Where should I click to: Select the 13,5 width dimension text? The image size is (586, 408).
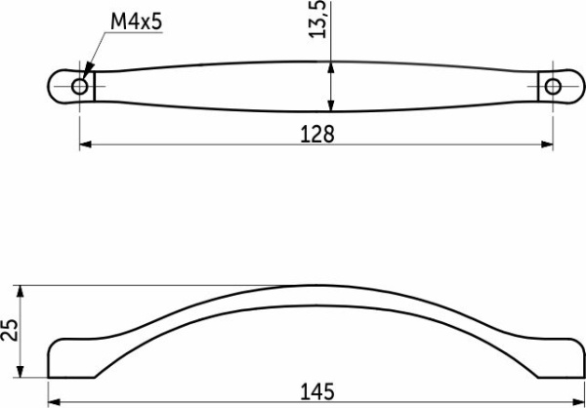coord(315,20)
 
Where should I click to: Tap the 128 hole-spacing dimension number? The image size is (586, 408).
coord(316,135)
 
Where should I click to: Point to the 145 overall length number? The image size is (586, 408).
coord(316,391)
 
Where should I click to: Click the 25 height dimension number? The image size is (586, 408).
coord(10,332)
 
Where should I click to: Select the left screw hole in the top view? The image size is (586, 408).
coord(79,87)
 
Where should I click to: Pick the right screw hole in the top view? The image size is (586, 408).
coord(554,87)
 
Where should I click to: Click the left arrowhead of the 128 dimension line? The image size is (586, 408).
coord(84,145)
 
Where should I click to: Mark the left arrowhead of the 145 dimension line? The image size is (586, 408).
coord(54,401)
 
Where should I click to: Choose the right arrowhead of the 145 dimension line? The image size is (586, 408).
coord(580,401)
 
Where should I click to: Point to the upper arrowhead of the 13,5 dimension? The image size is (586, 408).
coord(332,67)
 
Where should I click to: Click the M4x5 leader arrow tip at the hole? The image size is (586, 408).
coord(84,79)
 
